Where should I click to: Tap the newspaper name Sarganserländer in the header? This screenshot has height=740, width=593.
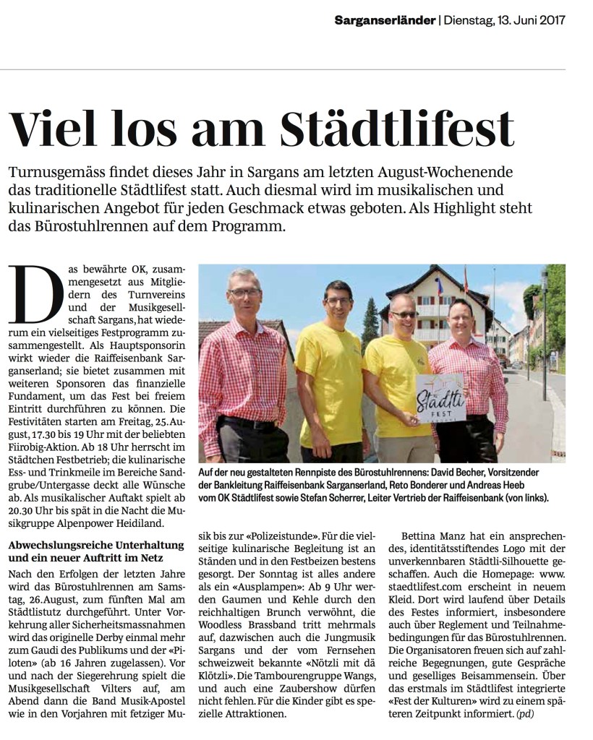click(384, 20)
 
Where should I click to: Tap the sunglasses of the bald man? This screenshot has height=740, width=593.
click(404, 315)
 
